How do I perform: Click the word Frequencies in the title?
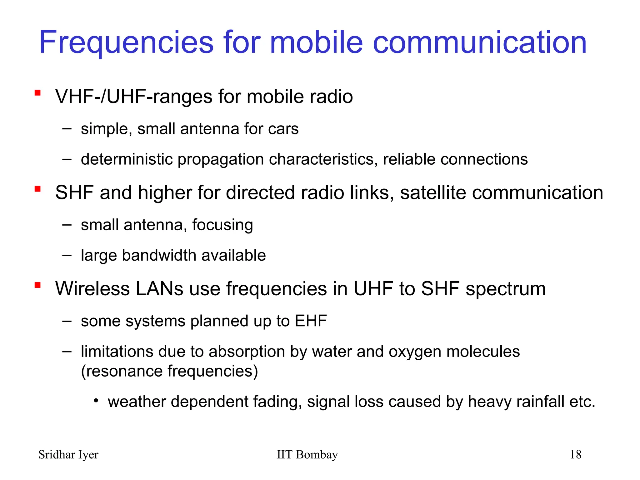[x=126, y=43]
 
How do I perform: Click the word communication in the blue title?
[x=480, y=43]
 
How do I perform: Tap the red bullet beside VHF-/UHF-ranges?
[x=38, y=93]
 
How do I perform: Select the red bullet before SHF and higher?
[x=38, y=189]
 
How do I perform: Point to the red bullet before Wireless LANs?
[x=38, y=285]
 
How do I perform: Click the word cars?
[x=283, y=129]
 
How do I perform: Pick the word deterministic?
[x=127, y=159]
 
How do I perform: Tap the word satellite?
[x=433, y=192]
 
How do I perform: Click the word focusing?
[x=222, y=225]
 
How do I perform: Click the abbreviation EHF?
[x=311, y=321]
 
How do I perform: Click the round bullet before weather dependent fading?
[x=96, y=401]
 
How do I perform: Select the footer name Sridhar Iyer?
[x=68, y=455]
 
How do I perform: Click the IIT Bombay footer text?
[x=307, y=455]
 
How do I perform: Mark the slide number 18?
[x=575, y=455]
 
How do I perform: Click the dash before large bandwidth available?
[x=67, y=255]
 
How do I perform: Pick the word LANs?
[x=159, y=289]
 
